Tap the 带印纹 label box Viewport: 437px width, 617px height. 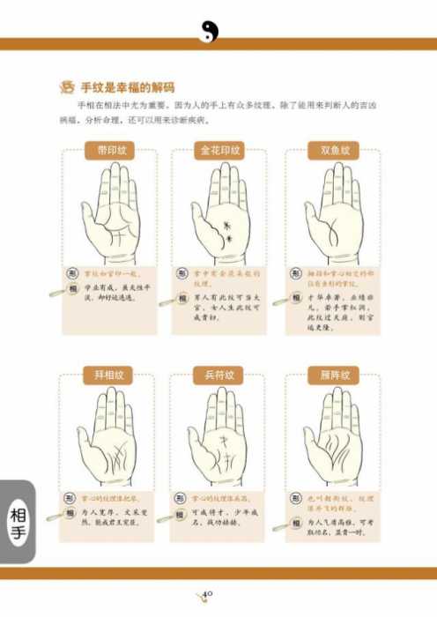pos(110,151)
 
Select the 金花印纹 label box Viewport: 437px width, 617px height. pos(218,151)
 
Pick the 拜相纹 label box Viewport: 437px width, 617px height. pos(110,376)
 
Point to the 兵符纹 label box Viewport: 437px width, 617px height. pos(218,376)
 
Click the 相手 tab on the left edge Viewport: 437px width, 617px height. pos(17,521)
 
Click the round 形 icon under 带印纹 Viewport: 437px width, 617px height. pos(73,274)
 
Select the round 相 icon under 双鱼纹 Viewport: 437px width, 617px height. pos(296,290)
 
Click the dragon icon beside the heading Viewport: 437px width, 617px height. pos(65,87)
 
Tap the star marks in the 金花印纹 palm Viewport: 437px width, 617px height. pos(227,226)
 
